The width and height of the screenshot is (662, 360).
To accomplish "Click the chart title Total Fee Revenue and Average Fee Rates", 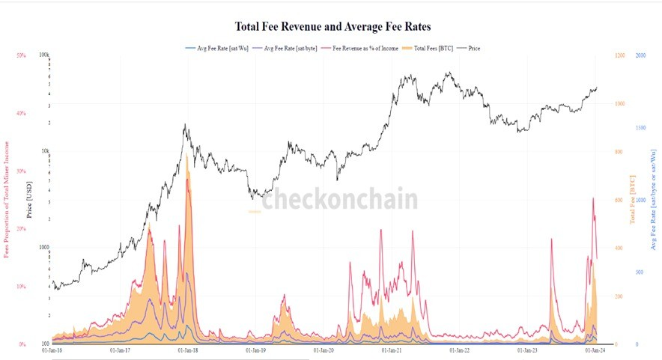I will (x=332, y=26).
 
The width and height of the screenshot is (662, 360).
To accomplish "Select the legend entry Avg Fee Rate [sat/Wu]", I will (x=218, y=49).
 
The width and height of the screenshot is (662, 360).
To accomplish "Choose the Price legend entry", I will (x=474, y=49).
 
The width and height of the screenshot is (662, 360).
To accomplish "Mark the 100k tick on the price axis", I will (x=44, y=55).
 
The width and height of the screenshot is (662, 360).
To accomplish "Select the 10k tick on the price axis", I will (x=45, y=151).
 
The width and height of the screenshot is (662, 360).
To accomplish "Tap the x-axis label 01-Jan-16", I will (x=52, y=350).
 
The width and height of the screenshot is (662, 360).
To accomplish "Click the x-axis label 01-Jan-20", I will (x=325, y=350).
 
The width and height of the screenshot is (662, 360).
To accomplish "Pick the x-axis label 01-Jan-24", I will (x=597, y=350).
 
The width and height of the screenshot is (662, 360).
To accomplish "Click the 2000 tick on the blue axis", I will (x=642, y=55).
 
